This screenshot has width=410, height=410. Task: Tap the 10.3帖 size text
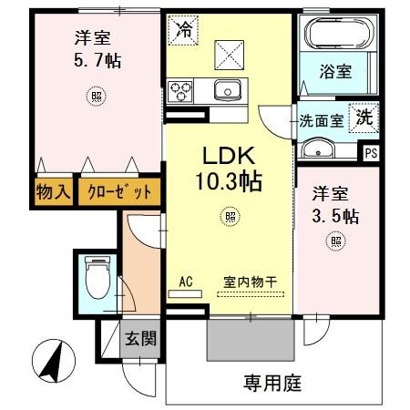(x=227, y=181)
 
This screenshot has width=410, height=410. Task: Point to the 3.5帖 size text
(x=335, y=216)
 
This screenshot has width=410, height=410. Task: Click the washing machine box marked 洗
(x=364, y=117)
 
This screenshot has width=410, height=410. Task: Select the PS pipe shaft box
(x=371, y=153)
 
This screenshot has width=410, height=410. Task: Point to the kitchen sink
(x=228, y=89)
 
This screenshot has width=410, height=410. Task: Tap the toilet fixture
(x=95, y=277)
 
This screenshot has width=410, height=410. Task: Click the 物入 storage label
(x=51, y=192)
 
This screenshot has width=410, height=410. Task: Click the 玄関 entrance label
(x=139, y=340)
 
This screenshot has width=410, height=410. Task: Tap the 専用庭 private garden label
(x=272, y=383)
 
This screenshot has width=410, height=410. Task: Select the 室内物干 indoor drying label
(x=251, y=282)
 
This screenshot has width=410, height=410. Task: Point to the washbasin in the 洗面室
(x=320, y=150)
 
